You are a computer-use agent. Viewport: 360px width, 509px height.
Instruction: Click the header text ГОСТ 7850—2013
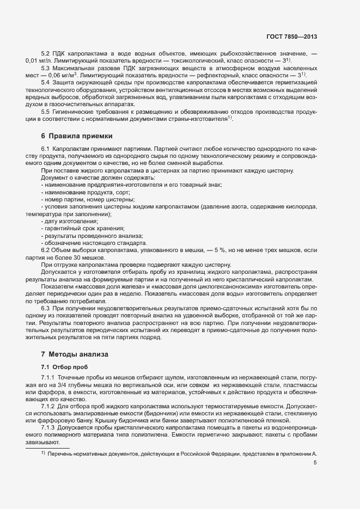292,36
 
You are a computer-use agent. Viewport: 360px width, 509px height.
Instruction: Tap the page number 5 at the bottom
314,463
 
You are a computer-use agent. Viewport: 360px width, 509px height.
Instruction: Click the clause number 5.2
46,53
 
